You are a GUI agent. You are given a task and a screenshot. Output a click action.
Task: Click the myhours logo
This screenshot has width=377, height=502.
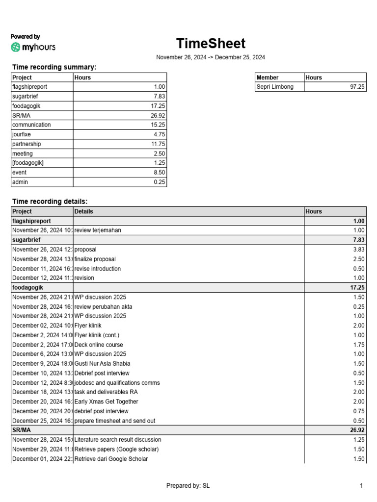(x=33, y=47)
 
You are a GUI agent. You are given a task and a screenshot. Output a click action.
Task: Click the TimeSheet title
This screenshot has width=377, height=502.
(x=211, y=44)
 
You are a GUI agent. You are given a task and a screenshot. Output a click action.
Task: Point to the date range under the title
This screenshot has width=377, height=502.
(x=211, y=57)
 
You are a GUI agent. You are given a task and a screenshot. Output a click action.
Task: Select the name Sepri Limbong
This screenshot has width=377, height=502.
(x=275, y=87)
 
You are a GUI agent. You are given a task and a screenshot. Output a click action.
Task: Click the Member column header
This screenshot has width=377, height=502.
(x=268, y=77)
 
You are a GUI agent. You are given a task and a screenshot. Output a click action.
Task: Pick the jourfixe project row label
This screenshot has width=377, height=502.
(x=23, y=134)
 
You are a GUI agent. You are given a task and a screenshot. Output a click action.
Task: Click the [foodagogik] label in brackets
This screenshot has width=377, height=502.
(x=28, y=163)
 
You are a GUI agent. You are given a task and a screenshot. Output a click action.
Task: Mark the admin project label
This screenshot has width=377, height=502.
(x=20, y=182)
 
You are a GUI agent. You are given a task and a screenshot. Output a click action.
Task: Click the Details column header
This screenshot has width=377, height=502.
(x=83, y=211)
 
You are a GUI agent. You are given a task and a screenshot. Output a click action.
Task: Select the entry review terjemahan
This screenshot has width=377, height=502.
(x=98, y=230)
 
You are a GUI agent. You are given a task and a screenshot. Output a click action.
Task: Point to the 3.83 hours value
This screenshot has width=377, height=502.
(x=358, y=250)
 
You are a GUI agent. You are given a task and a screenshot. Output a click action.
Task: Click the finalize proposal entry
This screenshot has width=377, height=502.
(x=95, y=259)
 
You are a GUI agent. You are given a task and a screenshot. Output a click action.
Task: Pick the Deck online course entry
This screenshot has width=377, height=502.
(x=99, y=345)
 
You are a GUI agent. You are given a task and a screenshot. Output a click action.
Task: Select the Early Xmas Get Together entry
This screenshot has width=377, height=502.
(x=106, y=402)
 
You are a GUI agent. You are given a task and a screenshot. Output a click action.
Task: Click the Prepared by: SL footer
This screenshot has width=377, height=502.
(x=188, y=486)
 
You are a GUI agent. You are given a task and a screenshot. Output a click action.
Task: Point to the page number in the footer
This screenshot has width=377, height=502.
(x=361, y=486)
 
